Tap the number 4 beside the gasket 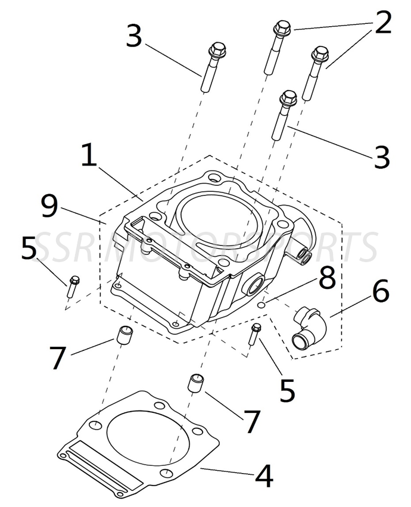pyautogui.click(x=263, y=475)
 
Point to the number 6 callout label pyautogui.click(x=380, y=292)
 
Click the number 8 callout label pyautogui.click(x=327, y=278)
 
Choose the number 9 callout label pyautogui.click(x=49, y=206)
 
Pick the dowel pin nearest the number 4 pyautogui.click(x=196, y=383)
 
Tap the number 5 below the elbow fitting pyautogui.click(x=287, y=389)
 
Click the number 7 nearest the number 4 pyautogui.click(x=252, y=422)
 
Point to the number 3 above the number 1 pyautogui.click(x=134, y=36)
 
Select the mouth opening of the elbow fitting pyautogui.click(x=300, y=340)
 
